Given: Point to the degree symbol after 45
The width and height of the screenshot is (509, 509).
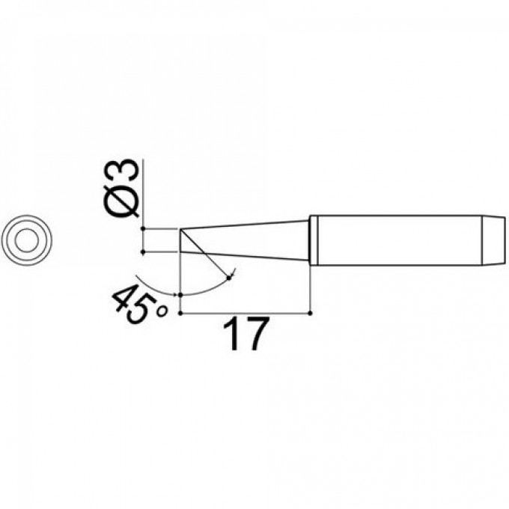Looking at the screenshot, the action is pyautogui.click(x=162, y=311).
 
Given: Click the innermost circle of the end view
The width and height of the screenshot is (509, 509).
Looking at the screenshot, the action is pyautogui.click(x=27, y=240).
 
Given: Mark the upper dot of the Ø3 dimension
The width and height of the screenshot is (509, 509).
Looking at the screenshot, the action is pyautogui.click(x=143, y=229).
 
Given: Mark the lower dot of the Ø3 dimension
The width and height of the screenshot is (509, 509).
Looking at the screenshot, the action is pyautogui.click(x=143, y=252).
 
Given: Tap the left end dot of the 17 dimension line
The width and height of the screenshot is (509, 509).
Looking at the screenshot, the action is pyautogui.click(x=180, y=313).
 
